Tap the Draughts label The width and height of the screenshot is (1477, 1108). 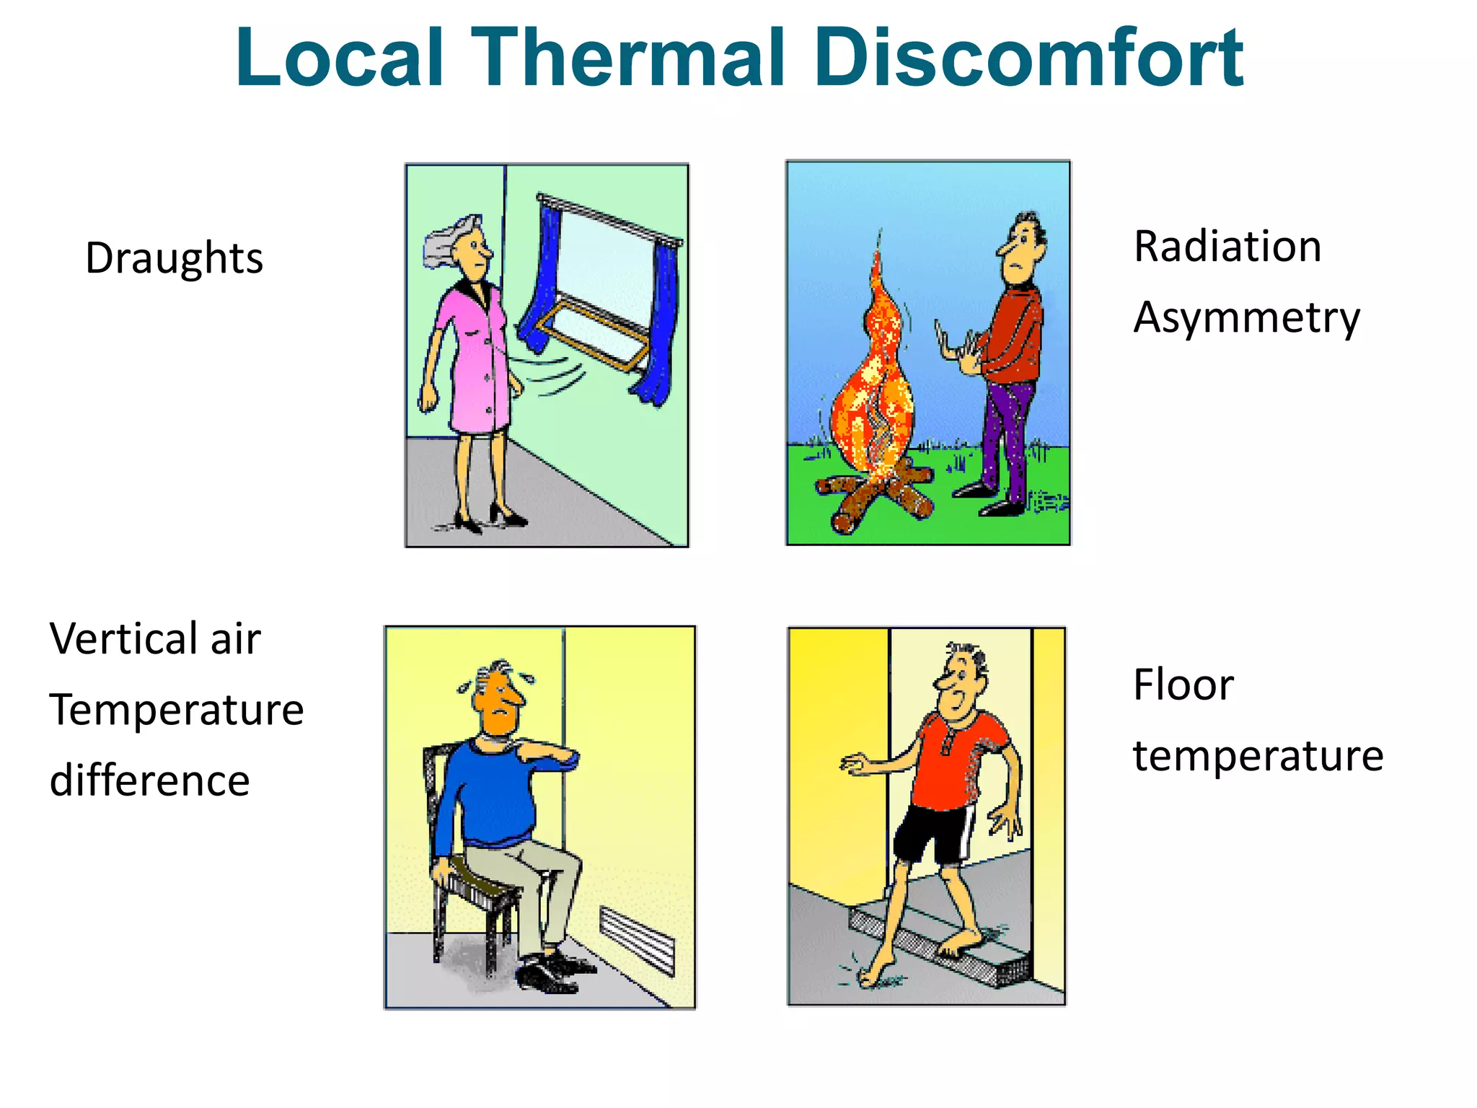point(174,258)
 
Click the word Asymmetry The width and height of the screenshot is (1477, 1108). point(1246,318)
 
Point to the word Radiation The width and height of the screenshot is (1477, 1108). point(1227,247)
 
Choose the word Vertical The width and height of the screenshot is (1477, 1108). point(123,639)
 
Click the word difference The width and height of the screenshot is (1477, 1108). point(150,781)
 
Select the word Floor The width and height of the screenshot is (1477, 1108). point(1183,685)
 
